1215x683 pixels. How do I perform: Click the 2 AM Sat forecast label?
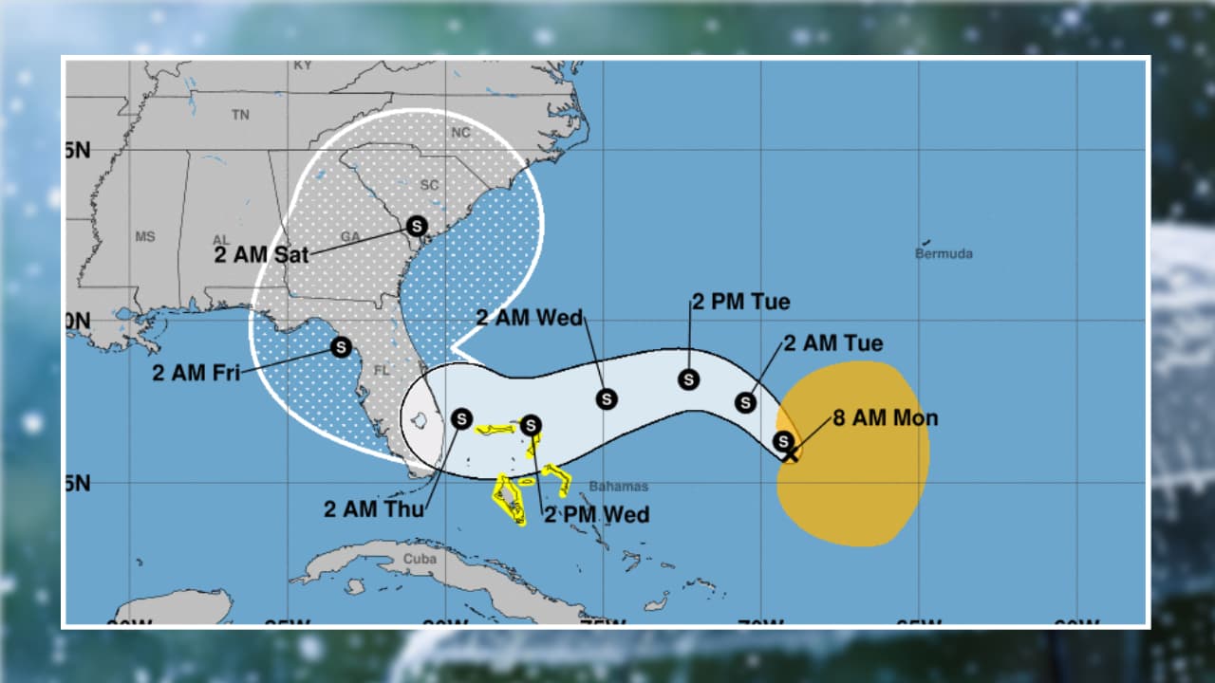coord(261,254)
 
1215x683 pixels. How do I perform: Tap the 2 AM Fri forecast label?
coord(196,373)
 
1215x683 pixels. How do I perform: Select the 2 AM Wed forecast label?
coord(529,318)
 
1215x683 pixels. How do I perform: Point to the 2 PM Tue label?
coord(740,303)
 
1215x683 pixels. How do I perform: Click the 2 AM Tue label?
coord(832,343)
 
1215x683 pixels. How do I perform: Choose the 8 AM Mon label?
coord(885,418)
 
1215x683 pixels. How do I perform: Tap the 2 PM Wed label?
coord(596,514)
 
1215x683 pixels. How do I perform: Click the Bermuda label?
coord(944,253)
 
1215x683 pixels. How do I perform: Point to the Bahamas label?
coord(618,487)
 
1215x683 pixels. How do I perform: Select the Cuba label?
coord(420,559)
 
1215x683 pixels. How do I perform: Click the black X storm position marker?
coord(790,454)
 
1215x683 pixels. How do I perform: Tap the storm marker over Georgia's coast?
coord(416,226)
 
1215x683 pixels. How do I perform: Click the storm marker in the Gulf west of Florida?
coord(341,347)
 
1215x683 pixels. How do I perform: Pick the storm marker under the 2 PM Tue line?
coord(688,379)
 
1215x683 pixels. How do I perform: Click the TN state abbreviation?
coord(240,115)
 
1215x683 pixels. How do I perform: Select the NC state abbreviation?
coord(460,133)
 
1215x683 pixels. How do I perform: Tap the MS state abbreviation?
coord(144,236)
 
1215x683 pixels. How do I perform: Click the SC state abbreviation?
coord(429,185)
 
